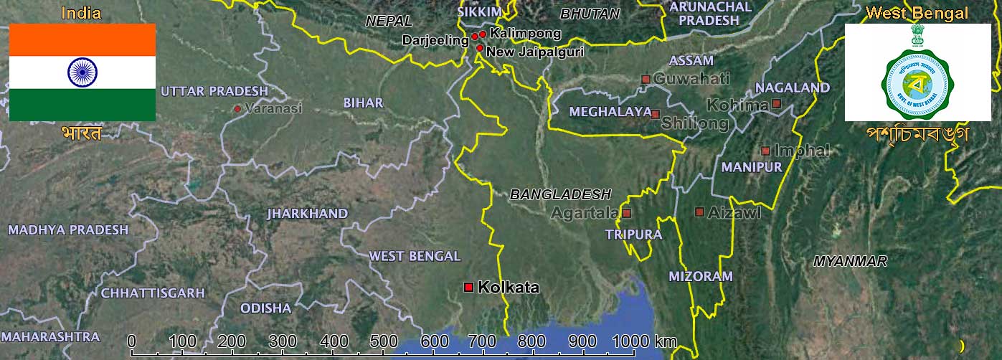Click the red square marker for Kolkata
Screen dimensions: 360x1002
[x=468, y=287]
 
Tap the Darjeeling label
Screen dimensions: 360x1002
[x=435, y=40]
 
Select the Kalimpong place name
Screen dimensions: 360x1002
[x=516, y=34]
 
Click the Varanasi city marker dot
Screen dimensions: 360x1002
[x=237, y=109]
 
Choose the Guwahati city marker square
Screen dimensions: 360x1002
[x=646, y=79]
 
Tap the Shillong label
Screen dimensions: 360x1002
[x=694, y=123]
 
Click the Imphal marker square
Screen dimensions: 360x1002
[x=765, y=151]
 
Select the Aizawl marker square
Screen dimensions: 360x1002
[x=699, y=212]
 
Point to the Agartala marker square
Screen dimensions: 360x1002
[x=626, y=213]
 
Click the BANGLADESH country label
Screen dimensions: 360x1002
[x=560, y=194]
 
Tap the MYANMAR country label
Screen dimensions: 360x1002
[x=850, y=262]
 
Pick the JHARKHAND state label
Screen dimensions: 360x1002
[x=307, y=214]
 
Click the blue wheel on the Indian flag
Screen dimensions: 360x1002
[x=82, y=72]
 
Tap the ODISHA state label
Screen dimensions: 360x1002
[x=265, y=308]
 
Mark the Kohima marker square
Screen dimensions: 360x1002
[x=776, y=104]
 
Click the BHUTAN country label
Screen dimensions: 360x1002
[x=590, y=14]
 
